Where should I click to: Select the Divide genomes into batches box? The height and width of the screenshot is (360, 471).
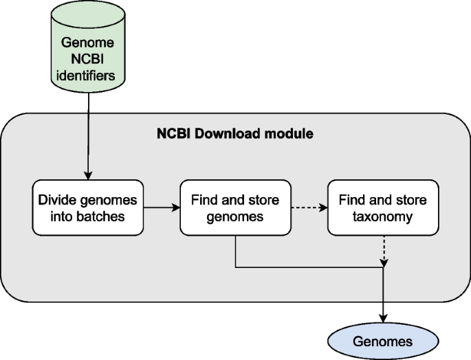click(x=87, y=207)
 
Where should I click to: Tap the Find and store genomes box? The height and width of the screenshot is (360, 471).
click(x=235, y=207)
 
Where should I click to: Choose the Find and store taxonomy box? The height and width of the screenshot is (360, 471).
click(x=382, y=207)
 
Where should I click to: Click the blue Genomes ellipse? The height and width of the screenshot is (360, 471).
click(x=382, y=341)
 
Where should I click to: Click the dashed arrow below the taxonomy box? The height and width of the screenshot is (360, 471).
click(x=382, y=250)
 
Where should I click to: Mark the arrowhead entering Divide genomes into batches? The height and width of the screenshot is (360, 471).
click(x=87, y=176)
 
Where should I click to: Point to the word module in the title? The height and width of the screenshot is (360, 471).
click(x=289, y=133)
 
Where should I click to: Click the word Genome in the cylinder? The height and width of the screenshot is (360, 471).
click(x=87, y=42)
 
